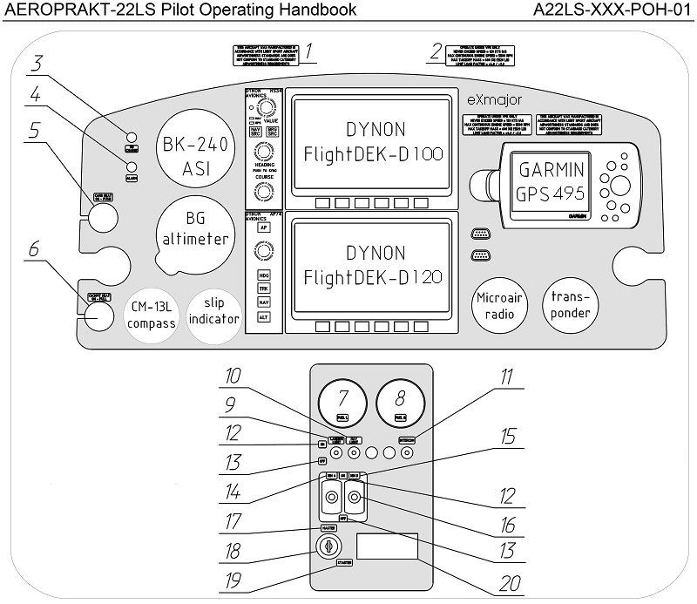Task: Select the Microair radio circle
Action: (500, 305)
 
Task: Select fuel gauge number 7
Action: (342, 403)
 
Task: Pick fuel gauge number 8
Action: (400, 403)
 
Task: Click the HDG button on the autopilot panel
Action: (262, 275)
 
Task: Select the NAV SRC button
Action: (255, 132)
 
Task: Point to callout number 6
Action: (34, 249)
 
